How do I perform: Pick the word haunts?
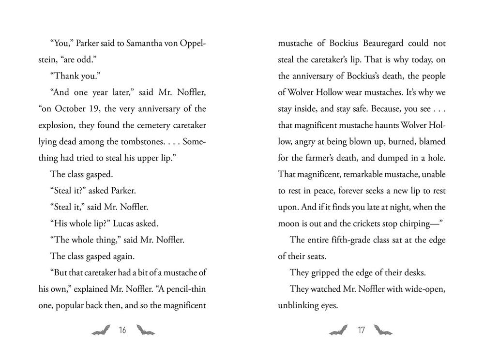pyautogui.click(x=378, y=125)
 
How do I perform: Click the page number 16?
pyautogui.click(x=121, y=331)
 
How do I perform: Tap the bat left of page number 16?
pyautogui.click(x=101, y=330)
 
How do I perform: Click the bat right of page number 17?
pyautogui.click(x=383, y=330)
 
